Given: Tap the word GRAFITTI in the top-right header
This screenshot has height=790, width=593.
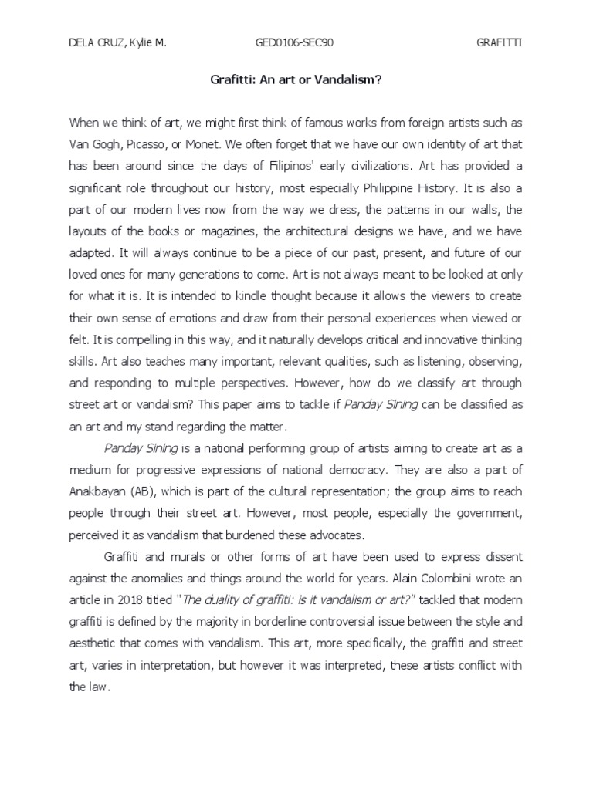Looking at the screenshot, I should click(500, 42).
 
